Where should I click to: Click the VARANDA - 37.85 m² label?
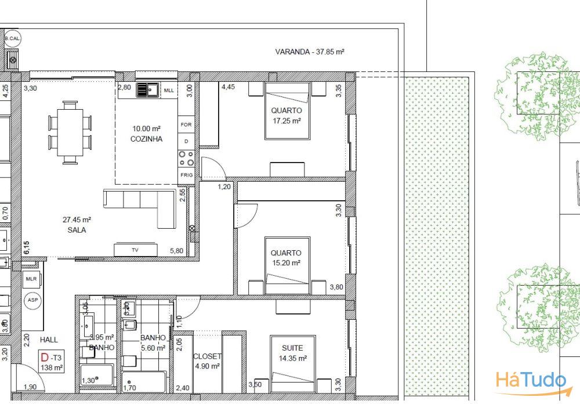pos(310,52)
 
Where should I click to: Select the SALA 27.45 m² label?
pos(77,225)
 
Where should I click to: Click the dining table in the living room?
pos(70,132)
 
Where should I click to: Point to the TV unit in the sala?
pos(135,250)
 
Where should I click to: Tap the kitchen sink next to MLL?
pos(148,90)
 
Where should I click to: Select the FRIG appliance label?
pos(186,175)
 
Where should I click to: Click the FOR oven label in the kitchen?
pos(186,125)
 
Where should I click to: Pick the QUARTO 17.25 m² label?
pos(287,116)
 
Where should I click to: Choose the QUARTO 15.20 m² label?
pos(286,258)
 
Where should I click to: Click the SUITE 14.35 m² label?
pos(292,353)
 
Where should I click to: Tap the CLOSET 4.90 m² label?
pos(207,361)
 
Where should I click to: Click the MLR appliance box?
pos(31,279)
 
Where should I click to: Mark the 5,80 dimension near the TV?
pos(176,251)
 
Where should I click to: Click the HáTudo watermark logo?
pos(530,382)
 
